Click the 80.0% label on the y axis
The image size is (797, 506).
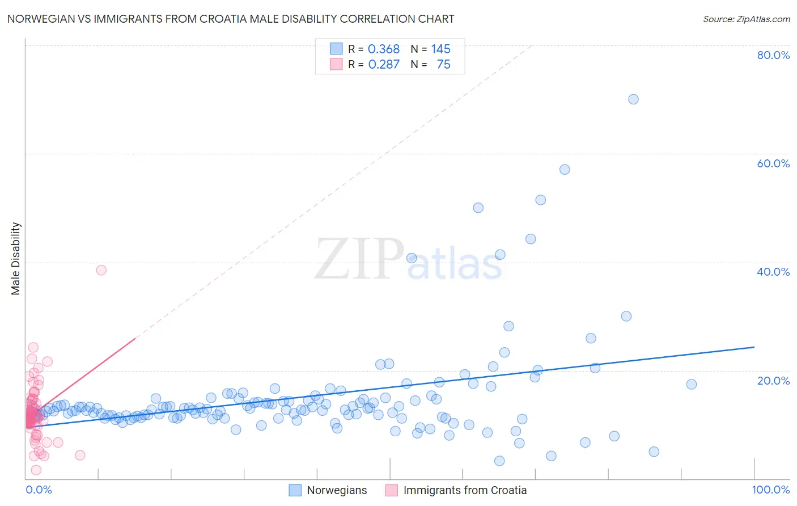(x=773, y=55)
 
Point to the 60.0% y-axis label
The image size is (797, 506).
(x=773, y=163)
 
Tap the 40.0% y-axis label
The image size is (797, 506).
(x=773, y=272)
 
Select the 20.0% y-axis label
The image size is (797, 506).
(x=773, y=380)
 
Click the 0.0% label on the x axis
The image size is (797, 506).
(x=39, y=490)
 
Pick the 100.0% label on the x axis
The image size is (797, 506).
(x=770, y=490)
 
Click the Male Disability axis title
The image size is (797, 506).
(x=16, y=258)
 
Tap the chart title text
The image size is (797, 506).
(x=231, y=19)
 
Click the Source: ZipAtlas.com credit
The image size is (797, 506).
(x=746, y=19)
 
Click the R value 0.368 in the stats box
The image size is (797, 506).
(x=384, y=49)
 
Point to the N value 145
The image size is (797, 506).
(x=440, y=49)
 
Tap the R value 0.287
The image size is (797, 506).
(x=384, y=65)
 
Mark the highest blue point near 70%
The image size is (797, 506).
(x=633, y=99)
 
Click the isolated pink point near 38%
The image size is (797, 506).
(x=101, y=270)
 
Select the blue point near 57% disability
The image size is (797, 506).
(x=565, y=170)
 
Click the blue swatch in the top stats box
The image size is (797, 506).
(x=336, y=49)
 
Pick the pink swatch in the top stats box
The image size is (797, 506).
(x=336, y=64)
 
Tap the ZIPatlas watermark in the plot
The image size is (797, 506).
(x=408, y=260)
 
